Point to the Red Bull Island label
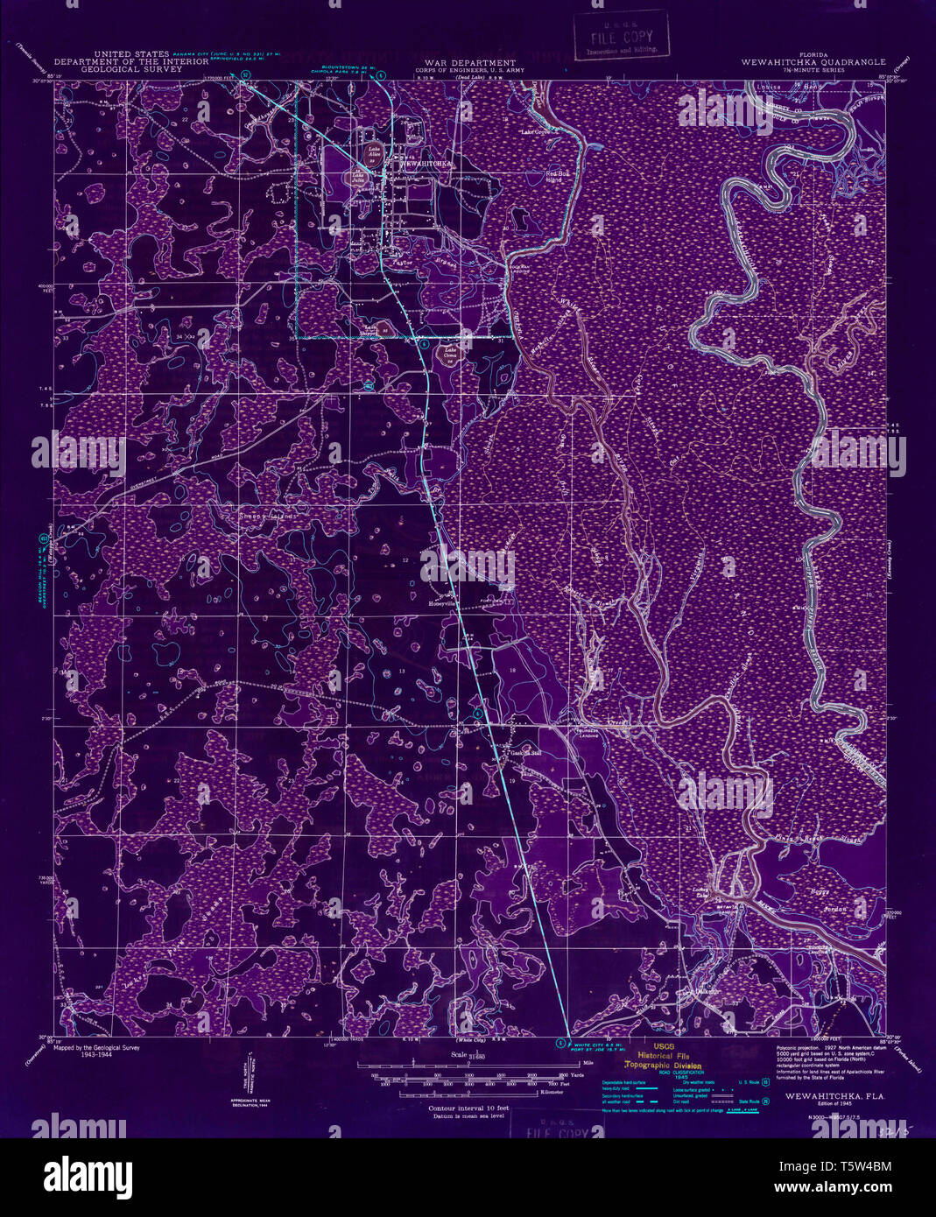(557, 176)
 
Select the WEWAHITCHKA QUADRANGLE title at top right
(813, 63)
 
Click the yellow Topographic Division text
(663, 1066)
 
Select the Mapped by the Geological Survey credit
(95, 1046)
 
